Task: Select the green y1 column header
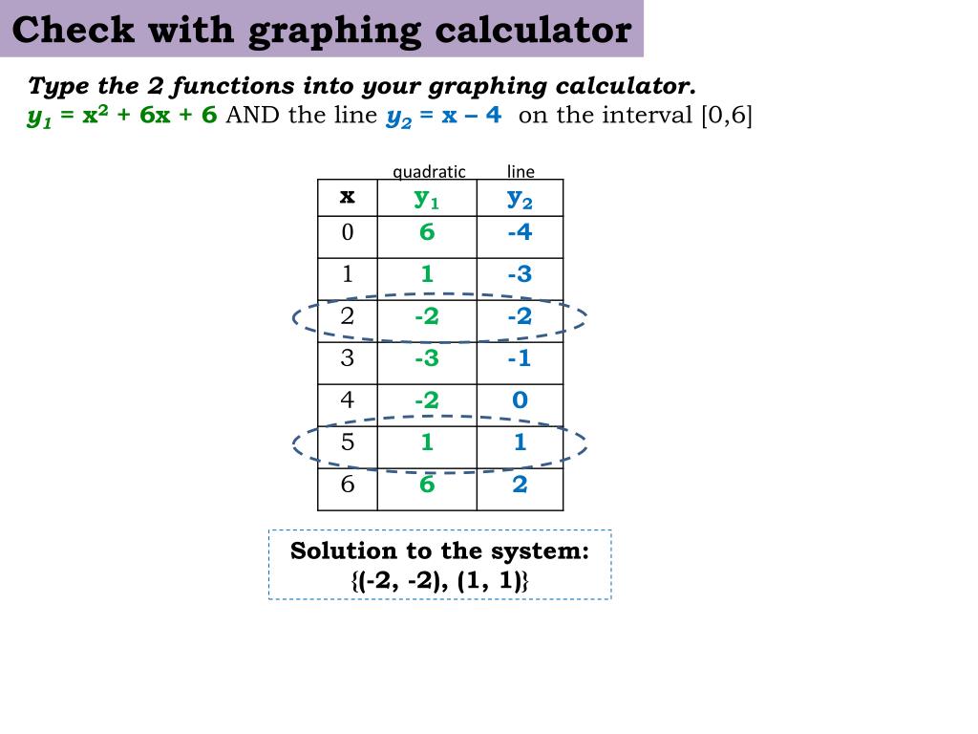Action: click(x=426, y=199)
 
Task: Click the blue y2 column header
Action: click(x=520, y=199)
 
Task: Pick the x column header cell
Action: click(x=347, y=197)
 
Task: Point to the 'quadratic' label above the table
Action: click(x=429, y=171)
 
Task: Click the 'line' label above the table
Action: click(x=521, y=171)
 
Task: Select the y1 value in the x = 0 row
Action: click(x=427, y=232)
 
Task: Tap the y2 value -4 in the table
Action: click(x=520, y=232)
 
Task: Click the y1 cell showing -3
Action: click(x=426, y=358)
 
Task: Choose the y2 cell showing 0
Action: click(x=520, y=400)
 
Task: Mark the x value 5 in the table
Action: click(x=347, y=443)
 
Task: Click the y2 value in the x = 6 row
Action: click(x=520, y=485)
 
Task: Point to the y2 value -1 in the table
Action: click(x=520, y=358)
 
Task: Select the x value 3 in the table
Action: click(x=347, y=358)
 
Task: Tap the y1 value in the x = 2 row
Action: click(x=426, y=316)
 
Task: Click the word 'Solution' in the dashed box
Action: click(x=343, y=551)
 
